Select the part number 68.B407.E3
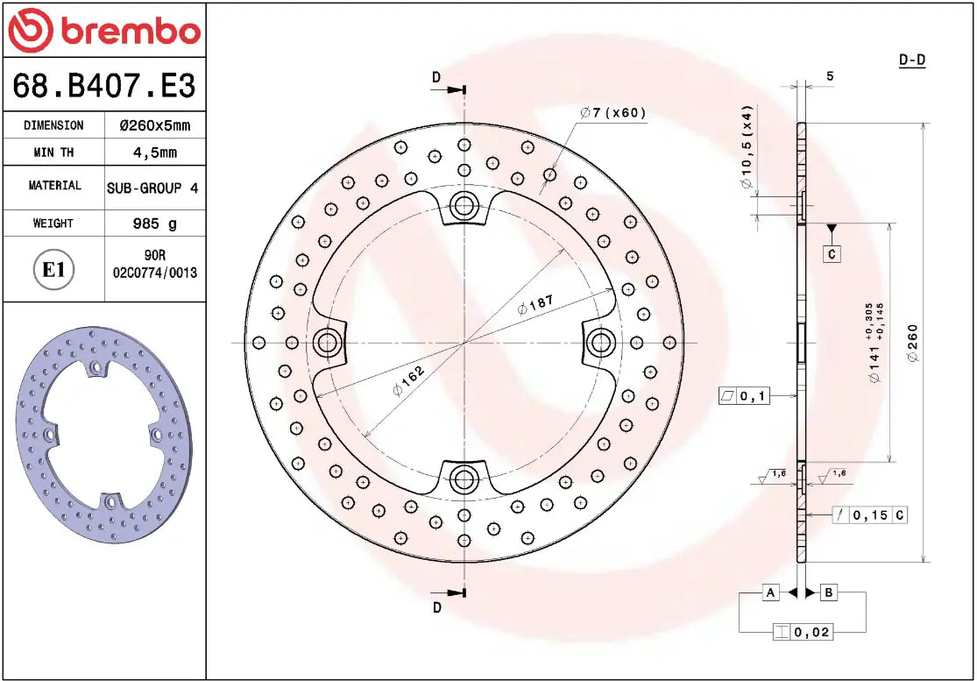click(103, 86)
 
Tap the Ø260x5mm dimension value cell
click(154, 125)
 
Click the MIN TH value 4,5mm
click(154, 153)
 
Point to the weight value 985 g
click(154, 223)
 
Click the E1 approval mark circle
click(53, 269)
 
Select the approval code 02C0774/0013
click(154, 273)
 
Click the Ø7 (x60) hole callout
click(612, 112)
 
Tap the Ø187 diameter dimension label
click(534, 305)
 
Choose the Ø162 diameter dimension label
click(408, 380)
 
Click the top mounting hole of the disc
click(463, 207)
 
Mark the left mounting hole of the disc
click(328, 342)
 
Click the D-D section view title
click(912, 60)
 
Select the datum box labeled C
click(832, 254)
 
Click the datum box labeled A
click(770, 593)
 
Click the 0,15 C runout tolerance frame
click(869, 515)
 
